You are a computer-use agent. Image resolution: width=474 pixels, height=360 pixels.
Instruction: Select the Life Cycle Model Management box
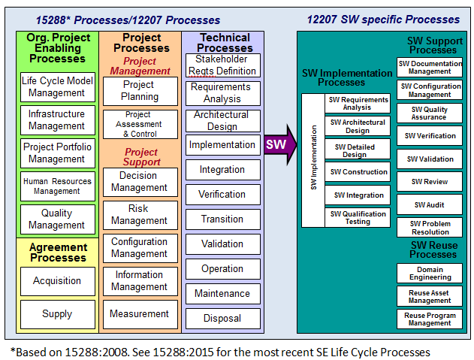(x=57, y=87)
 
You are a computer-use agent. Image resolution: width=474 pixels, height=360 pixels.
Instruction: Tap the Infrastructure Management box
(x=57, y=120)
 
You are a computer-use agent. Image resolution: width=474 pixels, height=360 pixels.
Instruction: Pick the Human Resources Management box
(x=57, y=186)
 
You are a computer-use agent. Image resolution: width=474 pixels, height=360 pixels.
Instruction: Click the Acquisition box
(x=57, y=281)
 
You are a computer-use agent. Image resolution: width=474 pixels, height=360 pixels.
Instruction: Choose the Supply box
(x=57, y=314)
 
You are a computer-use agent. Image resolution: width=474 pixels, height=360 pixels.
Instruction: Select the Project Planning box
(x=140, y=91)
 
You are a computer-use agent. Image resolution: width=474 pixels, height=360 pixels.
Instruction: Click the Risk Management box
(x=140, y=214)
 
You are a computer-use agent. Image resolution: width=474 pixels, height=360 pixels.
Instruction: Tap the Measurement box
(x=140, y=314)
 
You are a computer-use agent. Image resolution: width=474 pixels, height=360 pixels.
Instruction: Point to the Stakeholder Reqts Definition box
(x=222, y=65)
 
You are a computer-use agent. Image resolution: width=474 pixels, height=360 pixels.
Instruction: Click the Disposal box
(x=222, y=318)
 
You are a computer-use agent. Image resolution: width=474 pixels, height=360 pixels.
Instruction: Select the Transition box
(x=222, y=219)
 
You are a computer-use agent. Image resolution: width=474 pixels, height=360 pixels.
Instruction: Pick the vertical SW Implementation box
(x=313, y=160)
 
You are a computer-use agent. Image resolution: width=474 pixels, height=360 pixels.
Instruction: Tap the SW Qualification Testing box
(x=357, y=217)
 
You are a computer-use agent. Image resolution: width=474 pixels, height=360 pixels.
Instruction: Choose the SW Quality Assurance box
(x=430, y=113)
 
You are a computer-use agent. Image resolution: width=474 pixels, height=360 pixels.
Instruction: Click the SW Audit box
(x=430, y=204)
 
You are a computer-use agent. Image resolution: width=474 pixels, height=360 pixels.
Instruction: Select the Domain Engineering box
(x=430, y=273)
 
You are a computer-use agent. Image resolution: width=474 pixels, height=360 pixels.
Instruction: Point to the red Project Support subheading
(x=142, y=157)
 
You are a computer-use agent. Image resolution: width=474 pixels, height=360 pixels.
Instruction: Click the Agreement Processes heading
(x=58, y=253)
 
